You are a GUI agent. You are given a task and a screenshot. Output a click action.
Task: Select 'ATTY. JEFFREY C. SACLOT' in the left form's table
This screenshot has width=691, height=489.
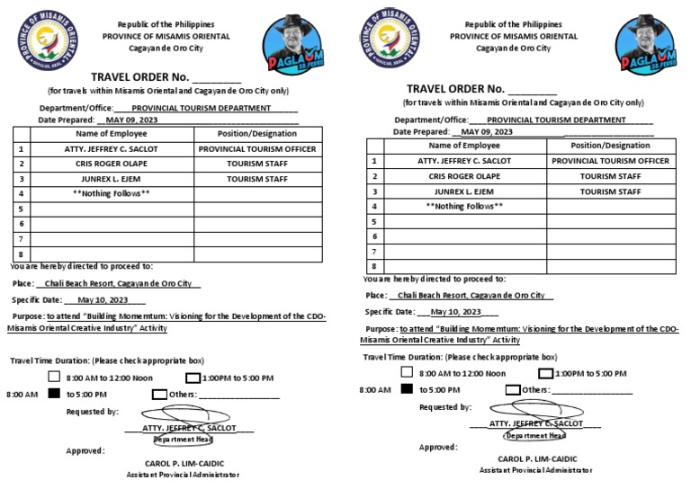pos(112,149)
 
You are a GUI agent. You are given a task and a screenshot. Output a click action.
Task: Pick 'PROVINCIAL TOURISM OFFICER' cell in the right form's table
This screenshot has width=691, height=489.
pos(611,161)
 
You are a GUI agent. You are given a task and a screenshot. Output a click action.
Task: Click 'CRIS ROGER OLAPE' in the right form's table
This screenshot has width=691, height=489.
pos(464,176)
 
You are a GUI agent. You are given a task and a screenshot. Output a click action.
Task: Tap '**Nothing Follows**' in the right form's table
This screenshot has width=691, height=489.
pos(463,206)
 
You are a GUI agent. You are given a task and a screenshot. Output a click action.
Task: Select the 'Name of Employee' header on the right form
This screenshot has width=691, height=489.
pos(463,145)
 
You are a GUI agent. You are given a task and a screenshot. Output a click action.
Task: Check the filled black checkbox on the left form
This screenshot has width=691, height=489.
pos(54,394)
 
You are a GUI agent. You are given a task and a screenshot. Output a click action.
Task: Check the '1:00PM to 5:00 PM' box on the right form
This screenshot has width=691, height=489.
pos(545,373)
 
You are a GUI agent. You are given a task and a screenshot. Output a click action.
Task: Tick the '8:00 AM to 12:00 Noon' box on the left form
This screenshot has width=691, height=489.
pos(54,378)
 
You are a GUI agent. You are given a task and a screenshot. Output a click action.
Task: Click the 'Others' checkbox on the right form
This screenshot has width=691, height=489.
pos(513,390)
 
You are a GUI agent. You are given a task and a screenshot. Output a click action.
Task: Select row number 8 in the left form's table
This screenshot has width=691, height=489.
pos(20,254)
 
